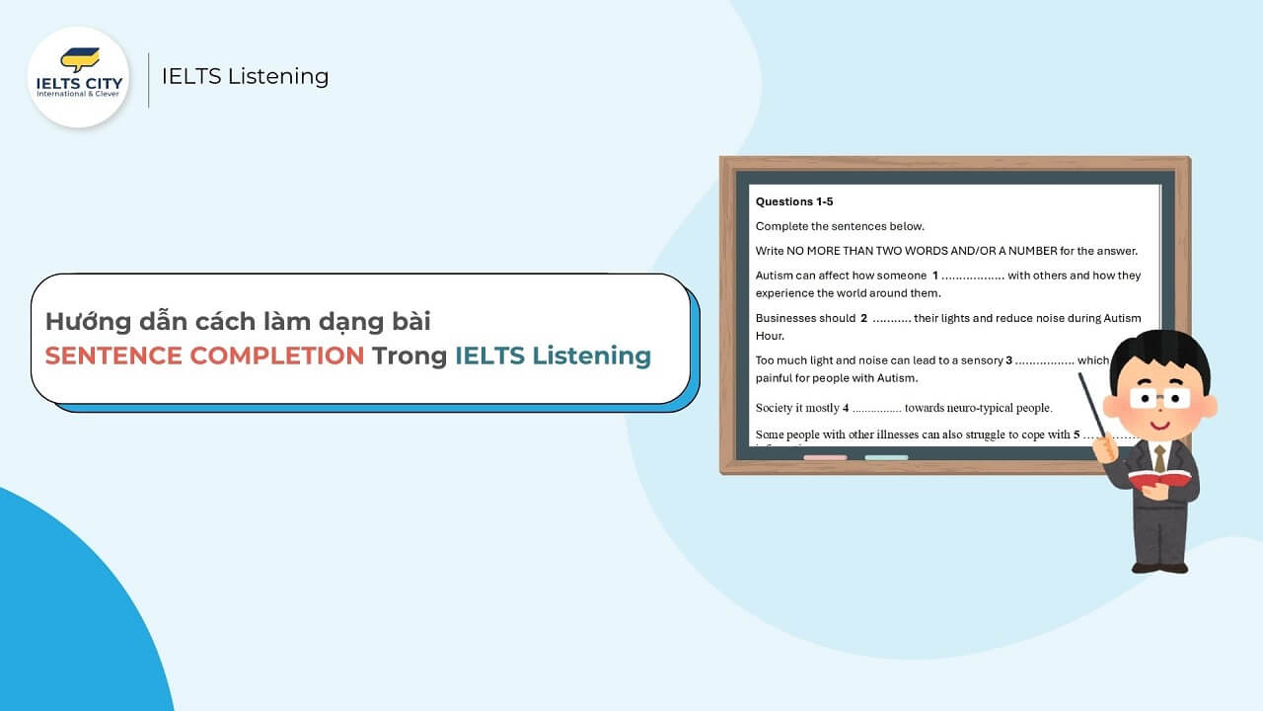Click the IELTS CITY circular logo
click(78, 78)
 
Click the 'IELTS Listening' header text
click(245, 76)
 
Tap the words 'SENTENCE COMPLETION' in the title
click(204, 355)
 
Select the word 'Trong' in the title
click(409, 355)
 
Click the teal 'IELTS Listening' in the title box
click(553, 355)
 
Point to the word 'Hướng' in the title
click(79, 321)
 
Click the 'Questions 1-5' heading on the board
click(794, 201)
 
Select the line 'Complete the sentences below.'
click(840, 226)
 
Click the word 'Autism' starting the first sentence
click(774, 276)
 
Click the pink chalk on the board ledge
click(825, 457)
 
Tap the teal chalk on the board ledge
click(886, 457)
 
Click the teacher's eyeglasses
click(1159, 398)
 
